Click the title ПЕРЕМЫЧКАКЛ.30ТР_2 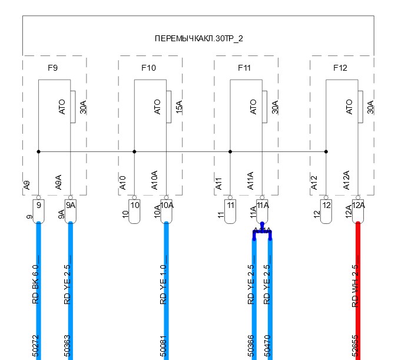198,38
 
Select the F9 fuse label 52,68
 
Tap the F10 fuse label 149,68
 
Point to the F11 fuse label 244,68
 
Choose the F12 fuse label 340,68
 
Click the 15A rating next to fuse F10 179,107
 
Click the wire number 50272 36,348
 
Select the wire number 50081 164,348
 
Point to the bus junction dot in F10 134,151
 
